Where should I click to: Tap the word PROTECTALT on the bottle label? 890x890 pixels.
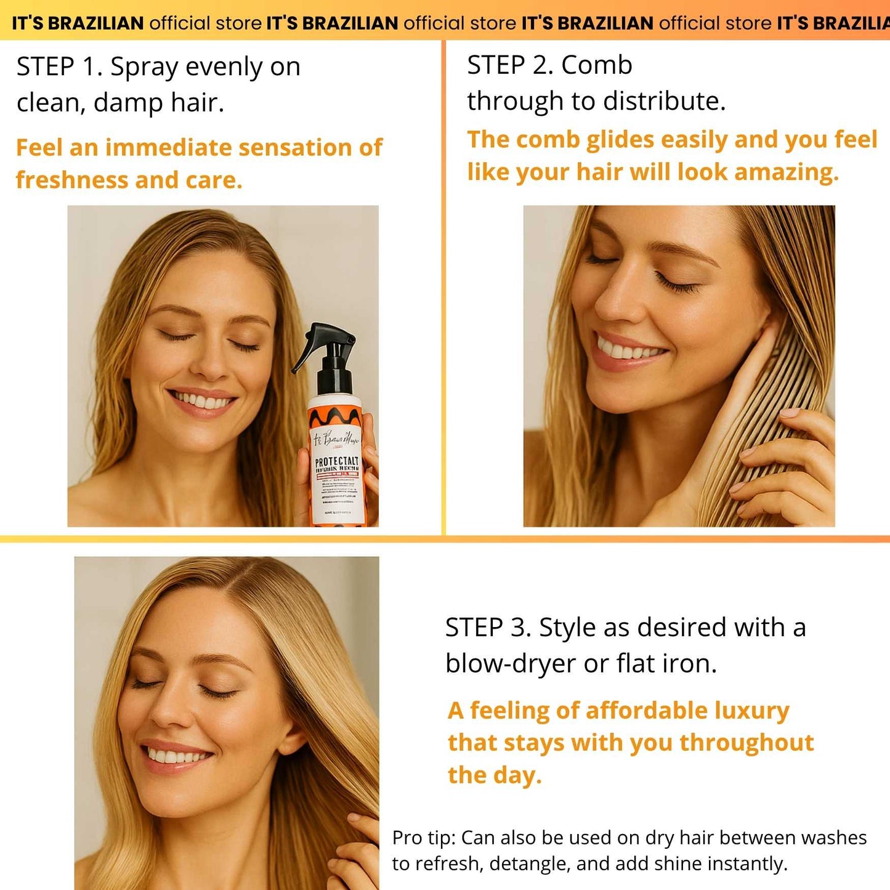pyautogui.click(x=336, y=461)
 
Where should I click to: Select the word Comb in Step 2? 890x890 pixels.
pyautogui.click(x=597, y=65)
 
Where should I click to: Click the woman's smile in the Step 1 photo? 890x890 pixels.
pyautogui.click(x=203, y=402)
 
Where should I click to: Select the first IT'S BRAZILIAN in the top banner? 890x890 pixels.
pyautogui.click(x=78, y=23)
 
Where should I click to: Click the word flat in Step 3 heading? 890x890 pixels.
pyautogui.click(x=636, y=663)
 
